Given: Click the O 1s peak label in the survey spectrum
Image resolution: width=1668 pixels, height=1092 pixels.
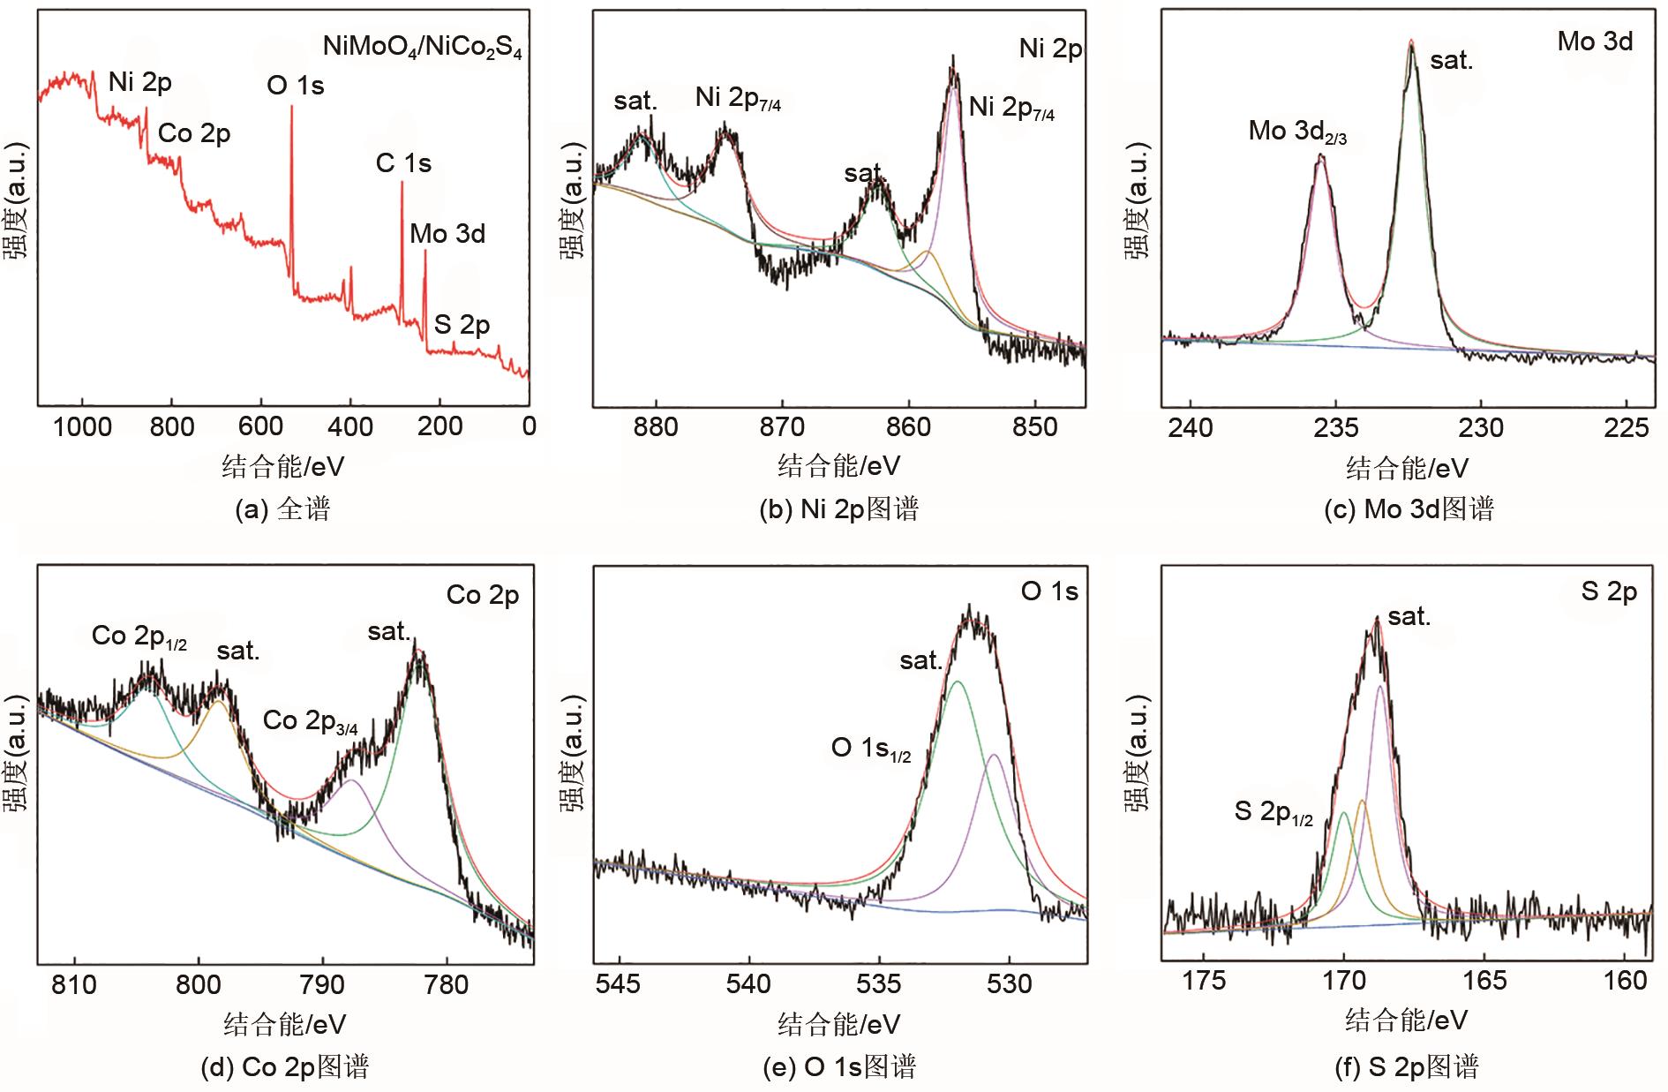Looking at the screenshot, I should tap(295, 86).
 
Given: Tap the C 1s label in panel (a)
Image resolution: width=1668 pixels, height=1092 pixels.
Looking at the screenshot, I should tap(403, 163).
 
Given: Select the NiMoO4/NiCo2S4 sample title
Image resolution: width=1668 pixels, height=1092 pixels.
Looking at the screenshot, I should tap(422, 47).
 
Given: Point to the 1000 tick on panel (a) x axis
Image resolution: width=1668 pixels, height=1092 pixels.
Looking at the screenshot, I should tap(82, 427).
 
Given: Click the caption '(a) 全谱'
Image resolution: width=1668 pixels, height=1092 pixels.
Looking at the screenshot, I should tap(282, 509).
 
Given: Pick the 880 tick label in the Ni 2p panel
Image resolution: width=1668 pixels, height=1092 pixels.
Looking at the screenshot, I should tap(656, 427).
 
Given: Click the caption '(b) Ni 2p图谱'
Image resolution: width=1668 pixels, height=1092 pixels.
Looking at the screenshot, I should tap(838, 509).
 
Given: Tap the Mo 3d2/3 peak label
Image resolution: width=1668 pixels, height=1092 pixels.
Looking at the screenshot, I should tap(1296, 132).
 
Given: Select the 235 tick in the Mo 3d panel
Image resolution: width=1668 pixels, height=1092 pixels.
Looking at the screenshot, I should tap(1335, 427).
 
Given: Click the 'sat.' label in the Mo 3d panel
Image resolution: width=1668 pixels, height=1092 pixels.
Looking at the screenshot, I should tap(1451, 60).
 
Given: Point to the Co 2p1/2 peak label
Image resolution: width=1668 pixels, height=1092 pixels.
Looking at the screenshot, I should tap(139, 636).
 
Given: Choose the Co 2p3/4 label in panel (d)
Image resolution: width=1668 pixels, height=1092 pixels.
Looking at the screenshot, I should tap(310, 721).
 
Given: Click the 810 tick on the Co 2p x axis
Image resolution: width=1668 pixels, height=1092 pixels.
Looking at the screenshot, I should tap(74, 983).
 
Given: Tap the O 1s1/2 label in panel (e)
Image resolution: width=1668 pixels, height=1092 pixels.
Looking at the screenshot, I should tap(870, 749).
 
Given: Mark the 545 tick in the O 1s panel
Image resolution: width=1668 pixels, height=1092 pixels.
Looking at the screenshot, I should tap(619, 983).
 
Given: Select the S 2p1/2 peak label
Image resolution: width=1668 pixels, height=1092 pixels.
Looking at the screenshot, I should tap(1273, 812).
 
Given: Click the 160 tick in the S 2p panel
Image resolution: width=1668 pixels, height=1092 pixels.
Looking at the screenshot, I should tap(1625, 981).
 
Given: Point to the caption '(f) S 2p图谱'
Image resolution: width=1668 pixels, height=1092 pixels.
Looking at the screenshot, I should tap(1407, 1067).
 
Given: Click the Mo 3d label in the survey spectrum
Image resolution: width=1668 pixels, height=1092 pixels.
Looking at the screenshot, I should tap(447, 234).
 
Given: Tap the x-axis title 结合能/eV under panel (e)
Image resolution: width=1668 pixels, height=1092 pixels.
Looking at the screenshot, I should tap(838, 1024).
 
